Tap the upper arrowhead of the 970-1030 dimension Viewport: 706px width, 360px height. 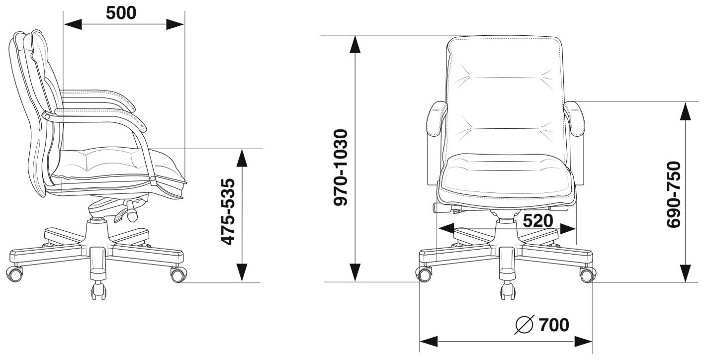[x=354, y=44]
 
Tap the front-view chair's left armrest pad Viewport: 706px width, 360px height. [x=435, y=119]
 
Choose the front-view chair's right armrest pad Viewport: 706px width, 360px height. [x=577, y=119]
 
